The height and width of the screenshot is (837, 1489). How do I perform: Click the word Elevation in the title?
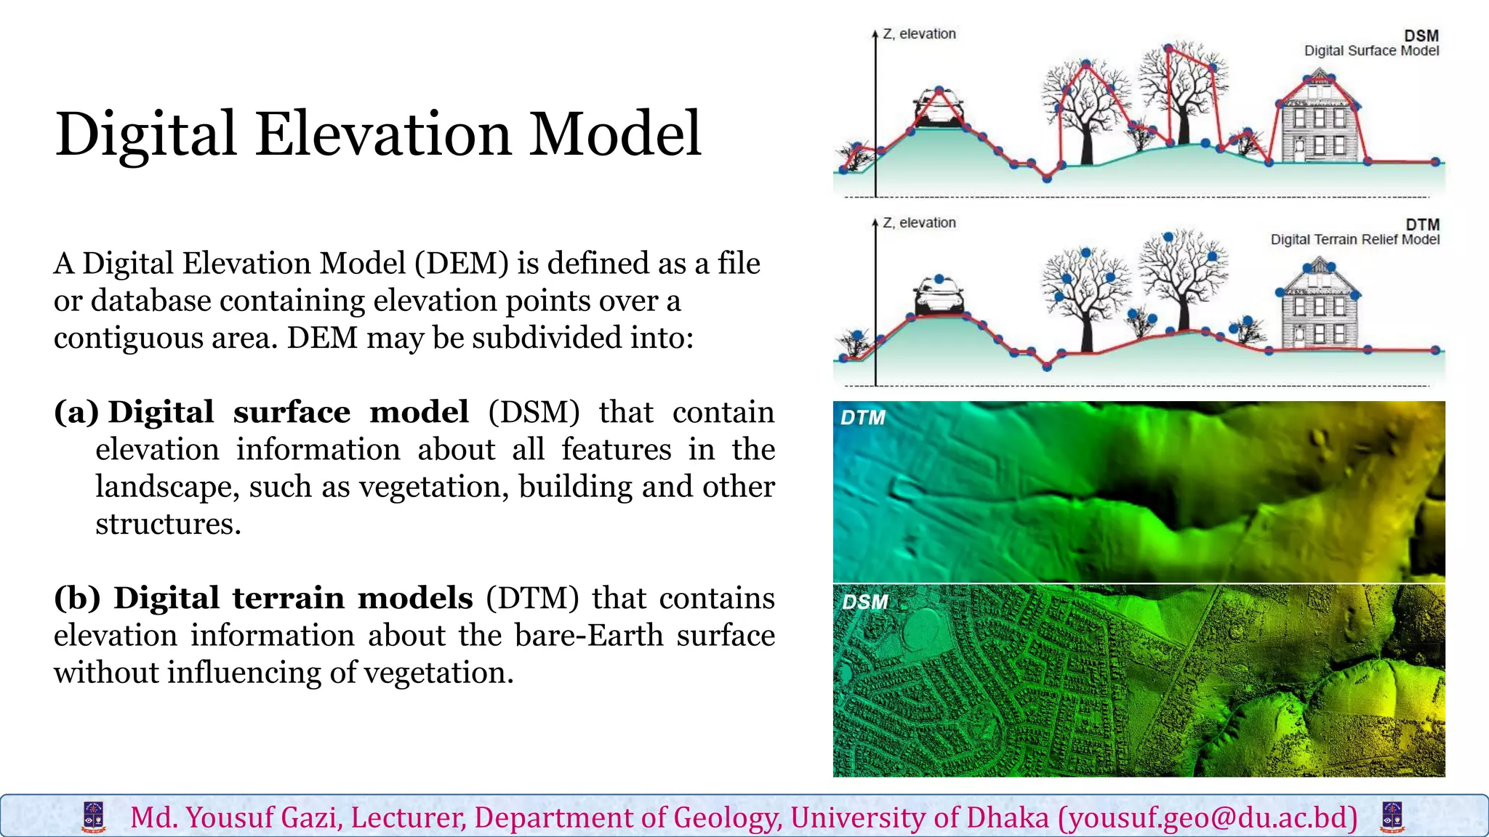point(383,134)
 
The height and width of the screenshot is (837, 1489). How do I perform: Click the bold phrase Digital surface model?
point(288,412)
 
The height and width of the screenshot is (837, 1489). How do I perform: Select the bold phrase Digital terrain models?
point(293,598)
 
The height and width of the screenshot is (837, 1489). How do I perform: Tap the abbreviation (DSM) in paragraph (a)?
point(534,412)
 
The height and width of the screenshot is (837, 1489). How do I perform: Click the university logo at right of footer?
point(1392,817)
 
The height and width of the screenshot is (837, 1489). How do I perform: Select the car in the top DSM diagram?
point(938,109)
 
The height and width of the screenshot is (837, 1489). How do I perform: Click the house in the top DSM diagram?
point(1319,120)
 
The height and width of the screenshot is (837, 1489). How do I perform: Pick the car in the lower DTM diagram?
point(938,296)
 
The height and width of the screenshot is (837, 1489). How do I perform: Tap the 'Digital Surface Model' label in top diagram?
point(1371,51)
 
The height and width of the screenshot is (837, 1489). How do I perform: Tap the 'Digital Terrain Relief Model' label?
point(1354,240)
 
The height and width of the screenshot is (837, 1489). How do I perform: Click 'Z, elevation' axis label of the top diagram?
point(919,34)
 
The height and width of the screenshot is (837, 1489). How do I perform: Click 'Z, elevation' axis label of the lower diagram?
point(919,223)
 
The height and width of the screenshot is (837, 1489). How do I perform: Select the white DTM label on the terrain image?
point(862,418)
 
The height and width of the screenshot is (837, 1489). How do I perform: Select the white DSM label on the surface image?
point(864,602)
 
